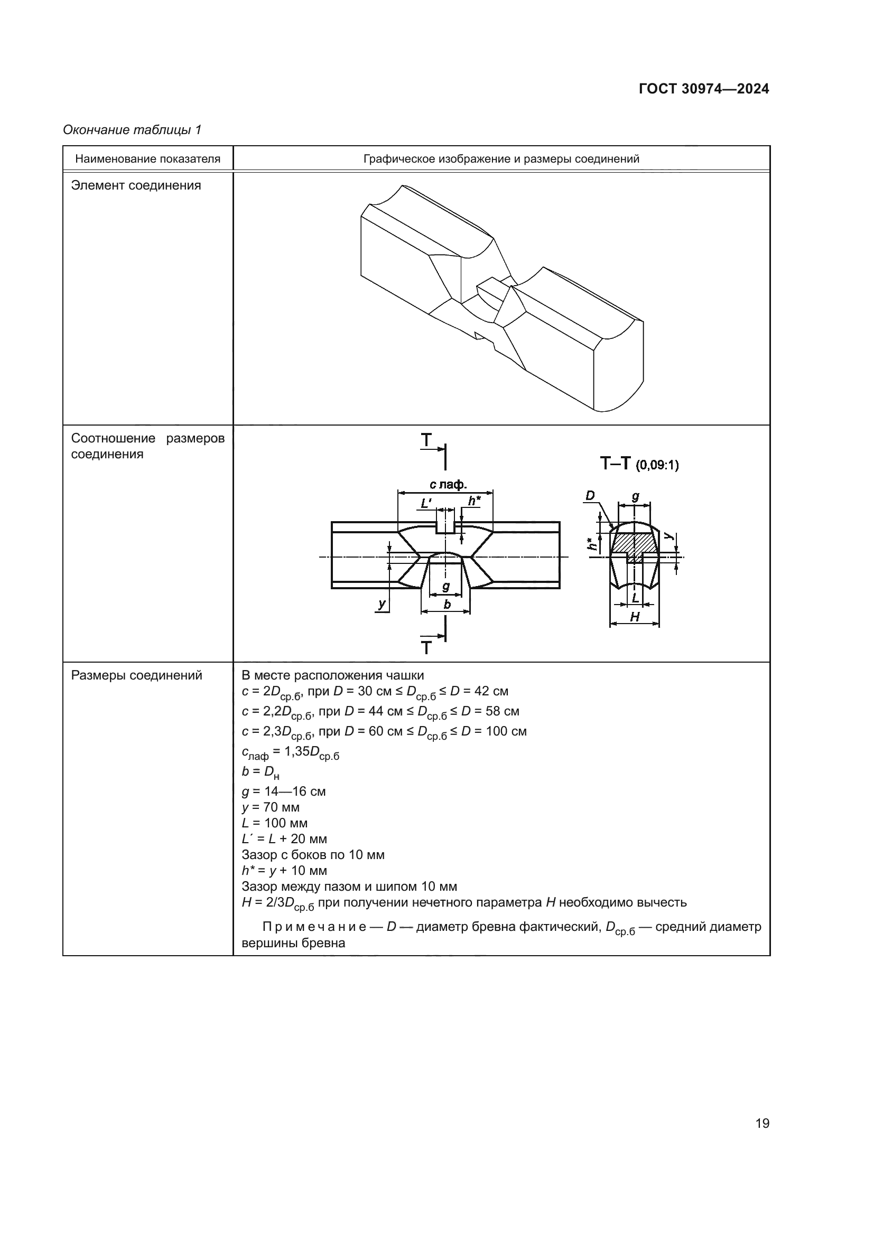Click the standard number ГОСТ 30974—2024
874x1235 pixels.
point(704,89)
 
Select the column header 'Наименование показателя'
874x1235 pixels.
point(147,159)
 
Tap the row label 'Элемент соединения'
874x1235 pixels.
point(136,185)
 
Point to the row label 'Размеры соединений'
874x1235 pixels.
point(137,675)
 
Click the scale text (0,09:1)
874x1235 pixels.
point(657,465)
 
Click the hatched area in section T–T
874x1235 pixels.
point(635,542)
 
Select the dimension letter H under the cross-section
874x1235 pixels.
point(635,617)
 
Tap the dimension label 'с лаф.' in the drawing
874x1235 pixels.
point(448,485)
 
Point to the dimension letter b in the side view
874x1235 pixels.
point(447,605)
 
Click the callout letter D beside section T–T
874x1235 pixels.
point(590,495)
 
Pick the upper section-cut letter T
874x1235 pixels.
point(426,440)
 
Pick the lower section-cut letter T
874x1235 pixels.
point(426,648)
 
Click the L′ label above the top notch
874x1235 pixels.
point(426,504)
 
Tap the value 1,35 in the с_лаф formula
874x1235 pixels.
point(296,751)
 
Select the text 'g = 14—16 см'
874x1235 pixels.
point(284,791)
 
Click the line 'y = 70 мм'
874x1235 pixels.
point(271,807)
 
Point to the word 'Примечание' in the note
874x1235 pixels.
point(314,927)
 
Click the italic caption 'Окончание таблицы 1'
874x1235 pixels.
point(132,130)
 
